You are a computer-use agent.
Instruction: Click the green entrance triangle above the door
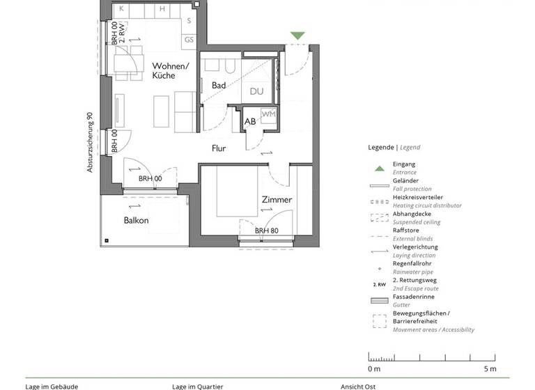297,36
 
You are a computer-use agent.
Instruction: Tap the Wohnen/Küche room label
171,71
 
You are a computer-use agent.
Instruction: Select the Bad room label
219,85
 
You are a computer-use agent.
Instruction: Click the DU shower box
256,91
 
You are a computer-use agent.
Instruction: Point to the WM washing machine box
268,114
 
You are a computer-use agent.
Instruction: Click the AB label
249,122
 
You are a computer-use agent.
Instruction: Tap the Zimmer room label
277,200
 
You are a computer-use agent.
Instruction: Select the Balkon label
137,220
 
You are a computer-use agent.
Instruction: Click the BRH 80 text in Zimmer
266,231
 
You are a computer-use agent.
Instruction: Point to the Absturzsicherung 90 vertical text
90,143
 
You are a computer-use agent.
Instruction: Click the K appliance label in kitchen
121,9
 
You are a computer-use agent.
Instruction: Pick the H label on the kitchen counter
162,9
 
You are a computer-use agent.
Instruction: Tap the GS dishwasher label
189,40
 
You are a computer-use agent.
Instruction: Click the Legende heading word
381,148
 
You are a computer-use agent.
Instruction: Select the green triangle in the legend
379,168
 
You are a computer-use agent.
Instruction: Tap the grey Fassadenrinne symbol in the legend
379,301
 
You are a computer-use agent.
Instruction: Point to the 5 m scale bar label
490,368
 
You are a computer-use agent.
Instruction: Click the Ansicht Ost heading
359,387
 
